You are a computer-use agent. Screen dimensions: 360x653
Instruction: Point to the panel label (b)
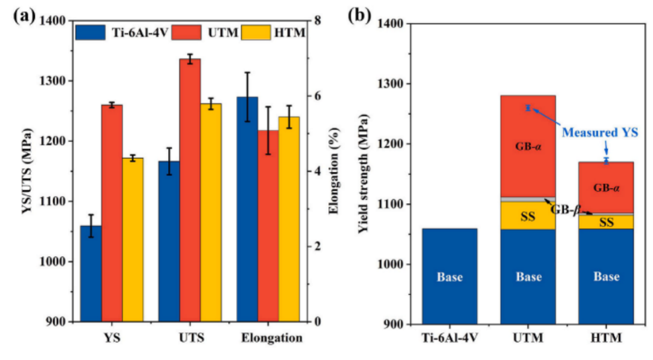click(x=360, y=16)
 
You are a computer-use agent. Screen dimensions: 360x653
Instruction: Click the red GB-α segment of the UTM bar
click(x=528, y=146)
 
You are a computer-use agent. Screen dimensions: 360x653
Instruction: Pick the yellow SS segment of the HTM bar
click(x=606, y=222)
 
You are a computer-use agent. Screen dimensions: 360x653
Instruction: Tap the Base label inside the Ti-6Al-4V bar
click(x=450, y=278)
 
